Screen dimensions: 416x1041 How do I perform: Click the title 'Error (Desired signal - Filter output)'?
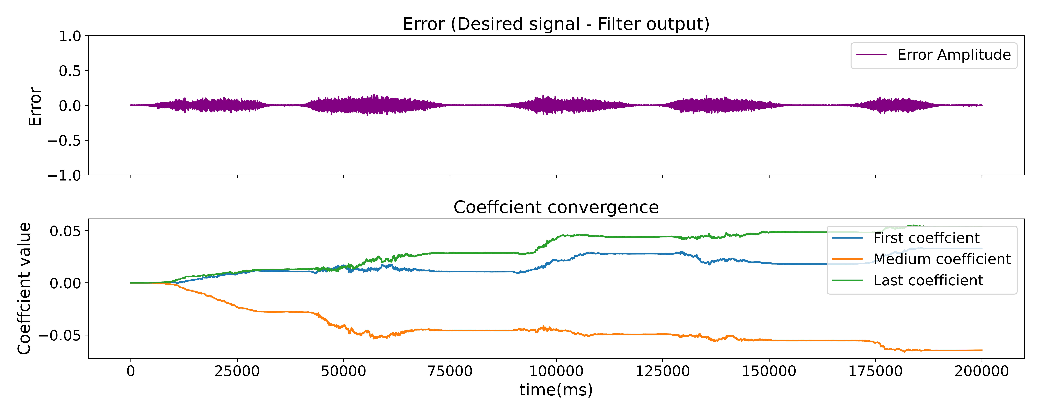[556, 24]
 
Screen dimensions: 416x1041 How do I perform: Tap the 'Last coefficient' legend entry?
[928, 280]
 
